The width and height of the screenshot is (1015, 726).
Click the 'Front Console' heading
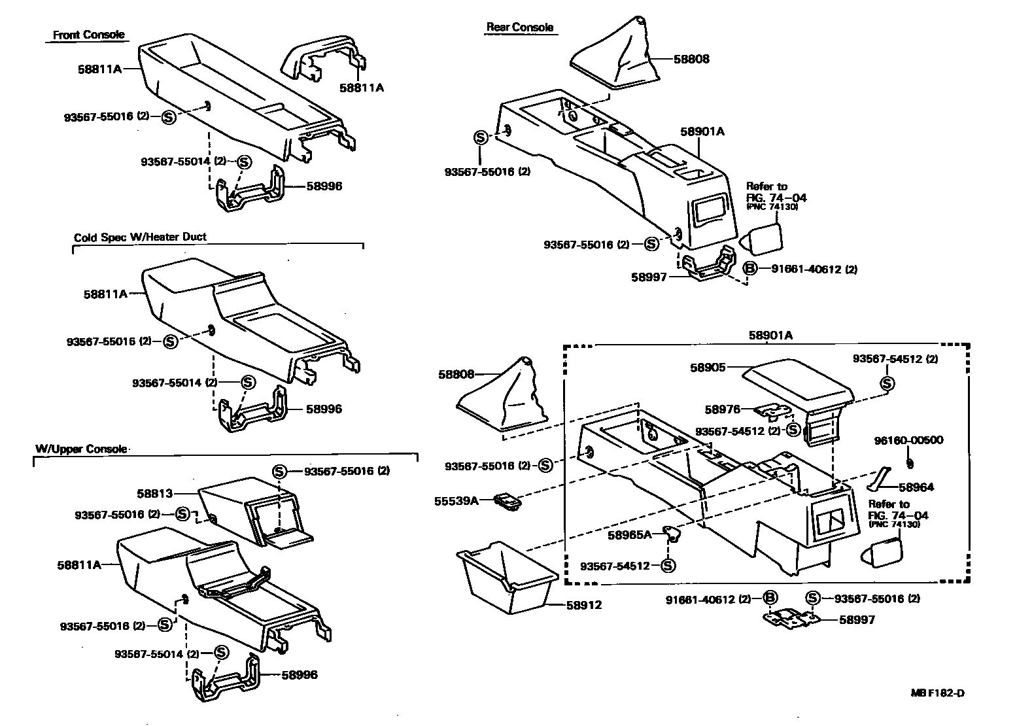point(88,35)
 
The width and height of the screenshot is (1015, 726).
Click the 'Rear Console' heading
point(519,27)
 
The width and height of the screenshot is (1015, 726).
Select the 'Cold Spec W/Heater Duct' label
point(140,237)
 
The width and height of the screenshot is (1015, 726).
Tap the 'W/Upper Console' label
point(80,449)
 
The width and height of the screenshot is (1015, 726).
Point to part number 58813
point(154,493)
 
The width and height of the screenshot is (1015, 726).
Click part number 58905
point(708,368)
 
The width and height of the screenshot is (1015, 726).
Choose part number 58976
point(722,409)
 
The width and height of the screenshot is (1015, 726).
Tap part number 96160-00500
point(908,440)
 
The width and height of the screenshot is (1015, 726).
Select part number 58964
point(916,487)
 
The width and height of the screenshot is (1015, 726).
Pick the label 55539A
point(456,501)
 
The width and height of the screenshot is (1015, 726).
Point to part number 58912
point(583,605)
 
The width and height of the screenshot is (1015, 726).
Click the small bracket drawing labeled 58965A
point(671,532)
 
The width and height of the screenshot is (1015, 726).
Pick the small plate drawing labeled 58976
point(772,411)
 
